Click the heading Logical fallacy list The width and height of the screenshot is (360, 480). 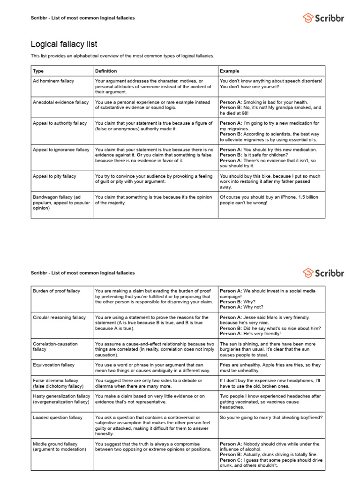(64, 44)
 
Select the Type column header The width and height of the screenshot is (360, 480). (37, 71)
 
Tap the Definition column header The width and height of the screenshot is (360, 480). (106, 71)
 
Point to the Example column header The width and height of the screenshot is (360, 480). (230, 71)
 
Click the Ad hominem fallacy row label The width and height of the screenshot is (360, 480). (53, 81)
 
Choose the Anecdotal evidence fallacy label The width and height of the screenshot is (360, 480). (60, 102)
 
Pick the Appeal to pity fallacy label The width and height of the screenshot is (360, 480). (54, 176)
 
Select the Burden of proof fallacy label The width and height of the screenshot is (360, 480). (56, 291)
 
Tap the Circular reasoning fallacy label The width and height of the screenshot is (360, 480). (59, 317)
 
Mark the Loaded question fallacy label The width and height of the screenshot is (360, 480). (57, 417)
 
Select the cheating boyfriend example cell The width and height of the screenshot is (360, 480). (271, 417)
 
